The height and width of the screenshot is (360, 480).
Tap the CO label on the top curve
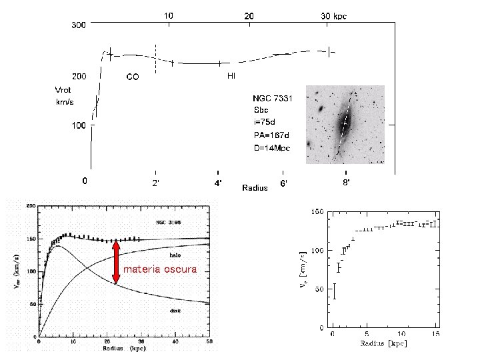133,77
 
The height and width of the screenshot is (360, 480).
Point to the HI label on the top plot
231,76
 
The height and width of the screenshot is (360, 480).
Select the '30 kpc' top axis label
334,15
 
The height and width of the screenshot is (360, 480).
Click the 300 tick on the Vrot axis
79,25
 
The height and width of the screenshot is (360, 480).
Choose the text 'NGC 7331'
272,98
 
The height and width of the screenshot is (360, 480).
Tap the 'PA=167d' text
271,134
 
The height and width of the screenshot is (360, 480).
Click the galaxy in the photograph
345,123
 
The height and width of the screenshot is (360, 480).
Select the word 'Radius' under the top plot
255,188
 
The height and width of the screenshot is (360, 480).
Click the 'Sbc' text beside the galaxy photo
260,110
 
